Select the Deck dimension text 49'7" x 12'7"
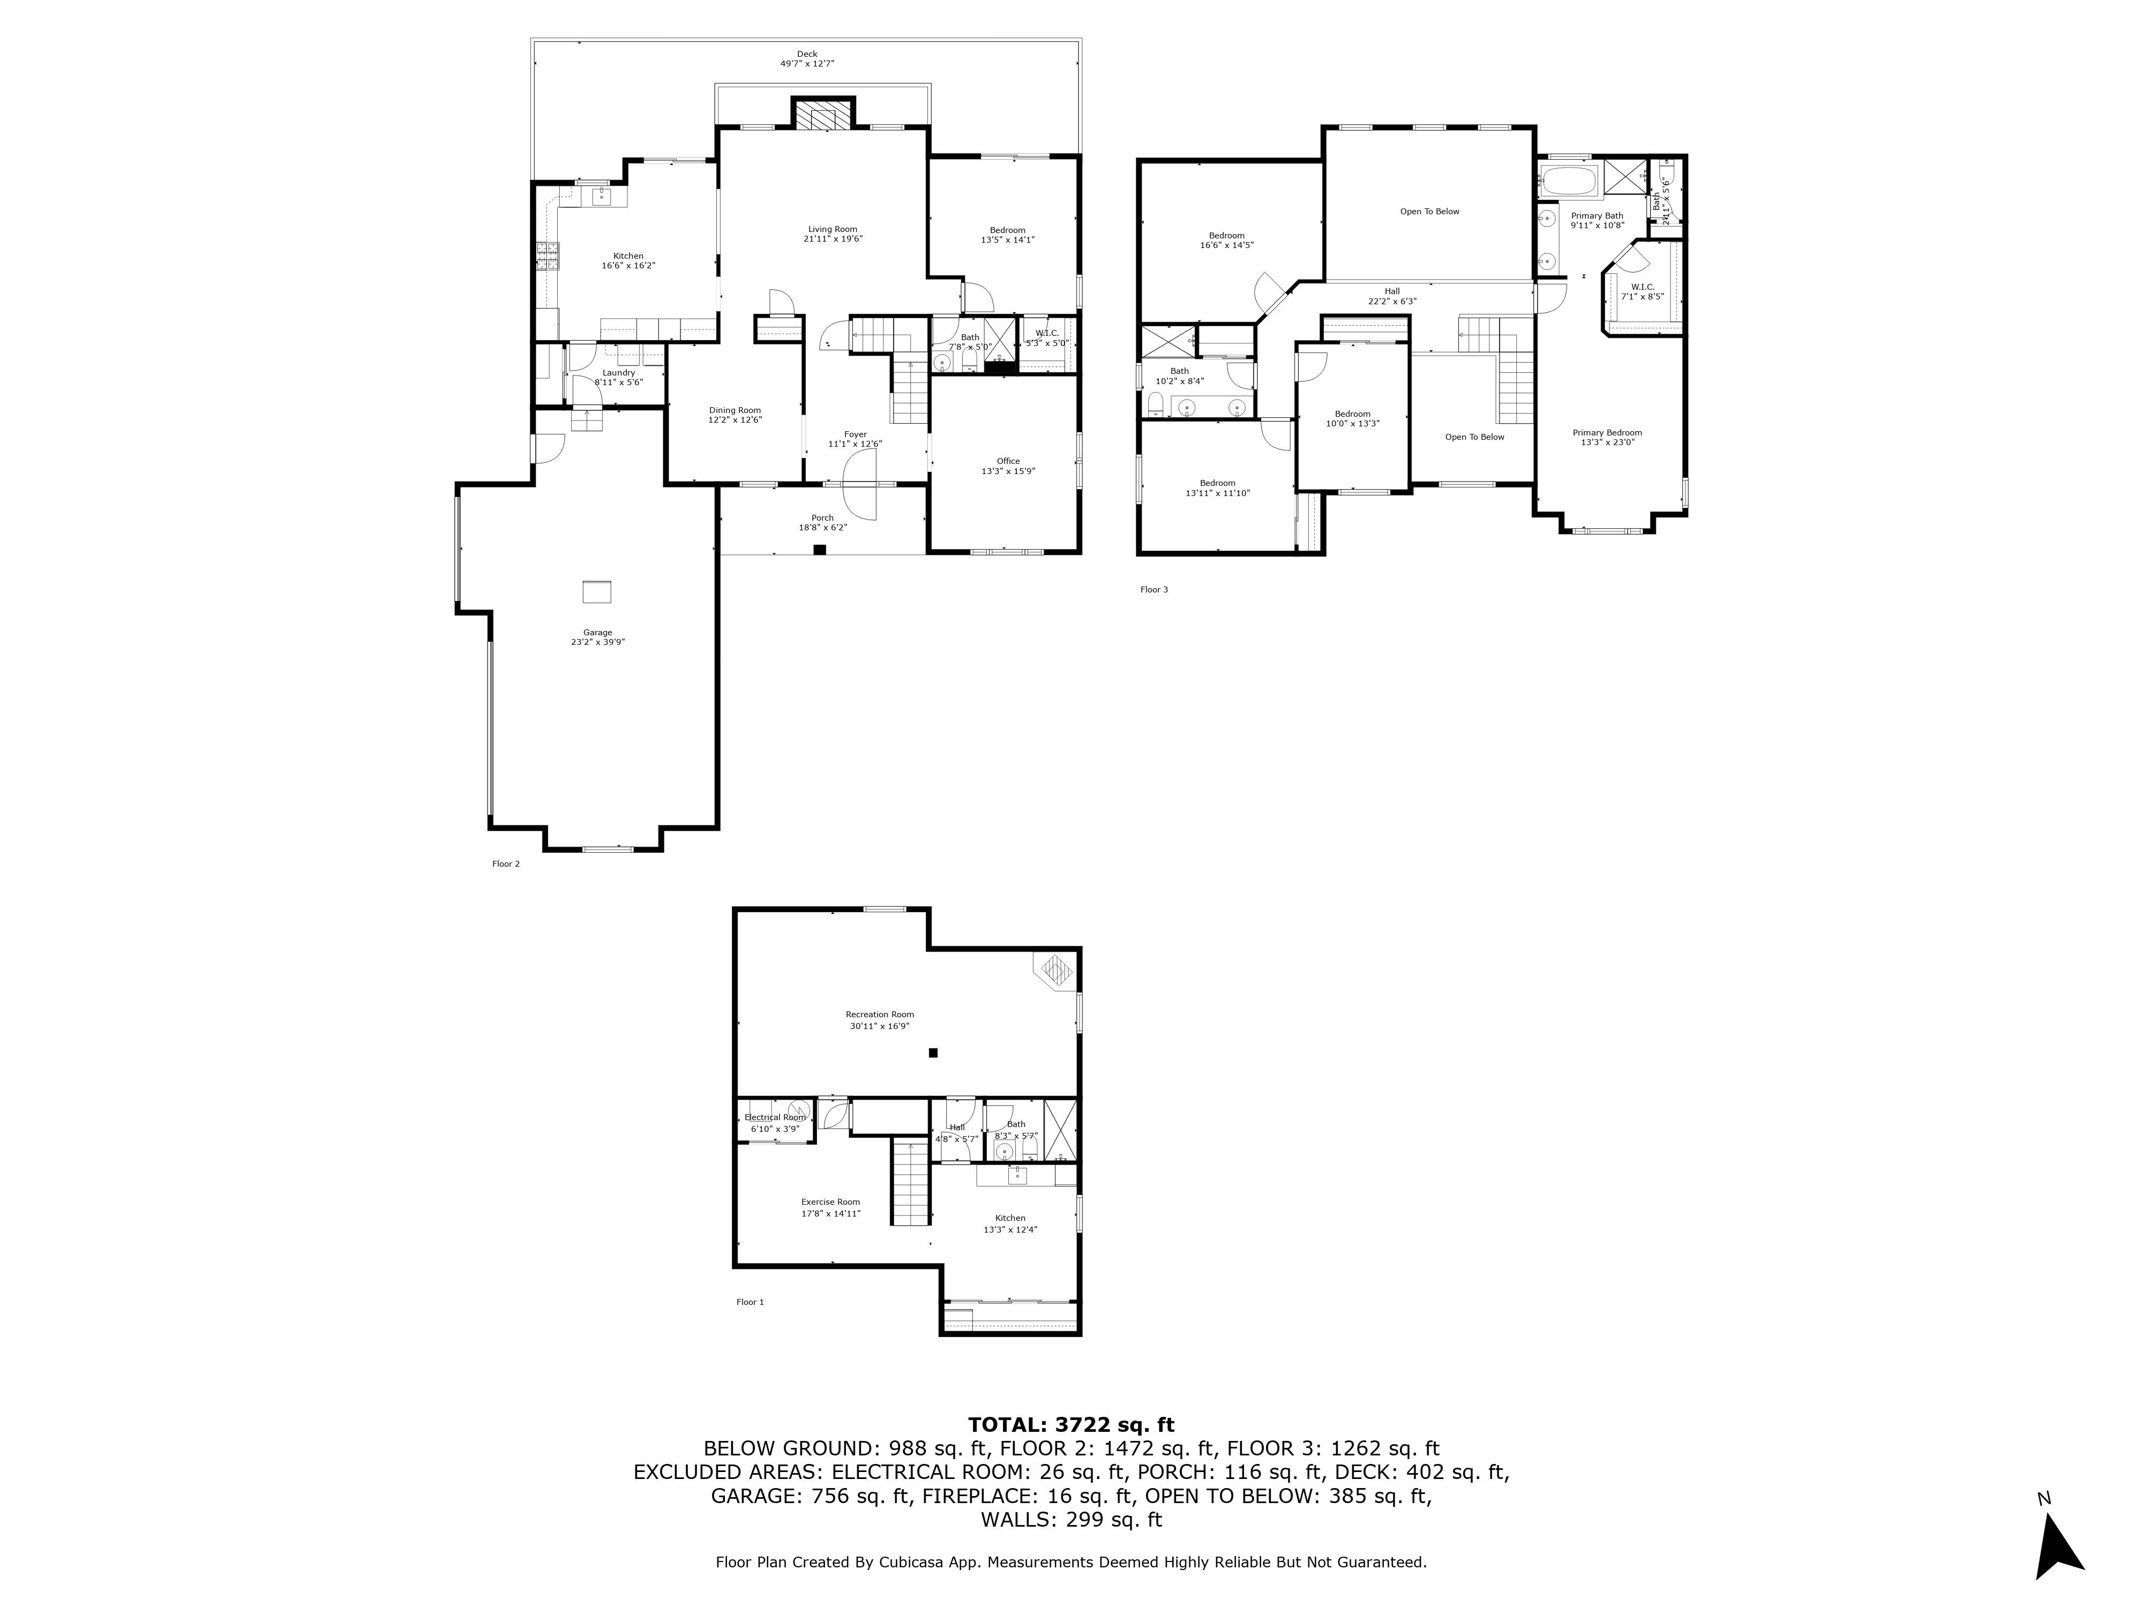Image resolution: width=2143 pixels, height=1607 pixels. coord(807,64)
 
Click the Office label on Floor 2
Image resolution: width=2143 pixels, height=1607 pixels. coord(1008,461)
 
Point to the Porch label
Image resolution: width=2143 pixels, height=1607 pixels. coord(821,518)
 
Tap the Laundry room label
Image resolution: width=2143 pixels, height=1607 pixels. coord(618,373)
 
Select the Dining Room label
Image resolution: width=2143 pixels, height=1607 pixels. coord(735,410)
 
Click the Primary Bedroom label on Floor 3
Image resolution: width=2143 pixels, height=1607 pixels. coord(1606,433)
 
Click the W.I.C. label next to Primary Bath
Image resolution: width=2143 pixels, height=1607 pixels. coord(1642,287)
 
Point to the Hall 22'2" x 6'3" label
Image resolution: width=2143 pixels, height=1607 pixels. coord(1391,291)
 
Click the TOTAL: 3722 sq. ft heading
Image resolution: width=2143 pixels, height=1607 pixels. coord(1070,1425)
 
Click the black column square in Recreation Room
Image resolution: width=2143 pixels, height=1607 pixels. coord(933,1053)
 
